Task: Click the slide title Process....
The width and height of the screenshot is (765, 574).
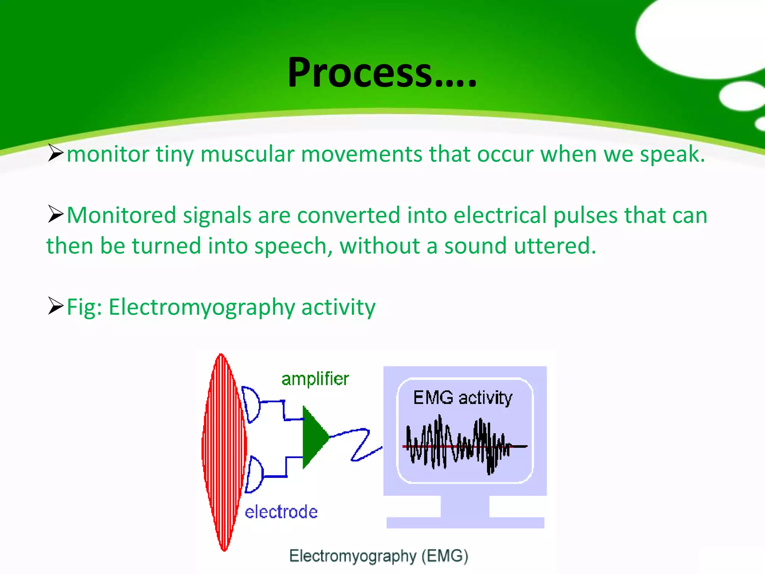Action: (x=382, y=73)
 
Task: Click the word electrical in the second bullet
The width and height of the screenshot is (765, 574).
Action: (x=500, y=216)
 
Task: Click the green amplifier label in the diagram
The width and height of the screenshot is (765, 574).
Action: (x=315, y=379)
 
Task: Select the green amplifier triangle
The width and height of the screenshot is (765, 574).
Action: (x=314, y=436)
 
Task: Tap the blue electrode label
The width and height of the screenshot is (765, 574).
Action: (x=281, y=512)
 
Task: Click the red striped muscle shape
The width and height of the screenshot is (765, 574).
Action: (x=223, y=452)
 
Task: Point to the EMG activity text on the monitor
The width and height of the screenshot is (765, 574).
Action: (x=462, y=398)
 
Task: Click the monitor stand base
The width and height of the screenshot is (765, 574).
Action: (x=465, y=522)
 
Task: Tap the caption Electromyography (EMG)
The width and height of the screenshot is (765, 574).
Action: (x=378, y=556)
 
